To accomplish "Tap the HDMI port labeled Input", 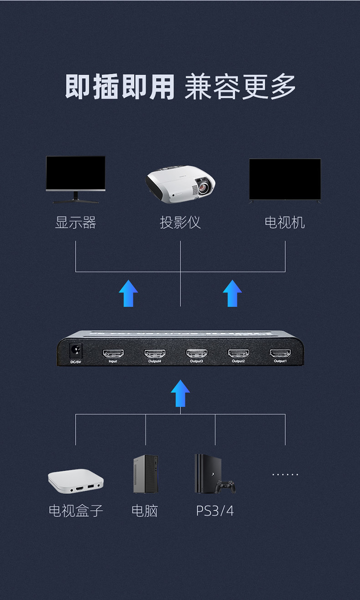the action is coord(113,354).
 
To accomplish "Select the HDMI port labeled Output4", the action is coord(155,354).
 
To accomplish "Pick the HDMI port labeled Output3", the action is coord(196,354).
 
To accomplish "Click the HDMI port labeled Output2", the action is coord(238,354).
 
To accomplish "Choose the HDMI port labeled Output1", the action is coord(280,354).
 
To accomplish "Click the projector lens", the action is coord(204,185).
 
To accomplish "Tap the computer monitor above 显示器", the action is coord(76,179).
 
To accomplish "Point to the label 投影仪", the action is coord(180,222).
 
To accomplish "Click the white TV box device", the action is coord(76,481).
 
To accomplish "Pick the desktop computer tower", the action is coord(146,474).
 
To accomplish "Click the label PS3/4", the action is coord(215,511).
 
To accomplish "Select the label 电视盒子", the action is coord(76,511).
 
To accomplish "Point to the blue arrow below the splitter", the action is coord(180,393).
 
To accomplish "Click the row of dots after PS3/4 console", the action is coord(285,474).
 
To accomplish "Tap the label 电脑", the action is coord(144,511).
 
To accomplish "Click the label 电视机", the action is coord(285,222).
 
